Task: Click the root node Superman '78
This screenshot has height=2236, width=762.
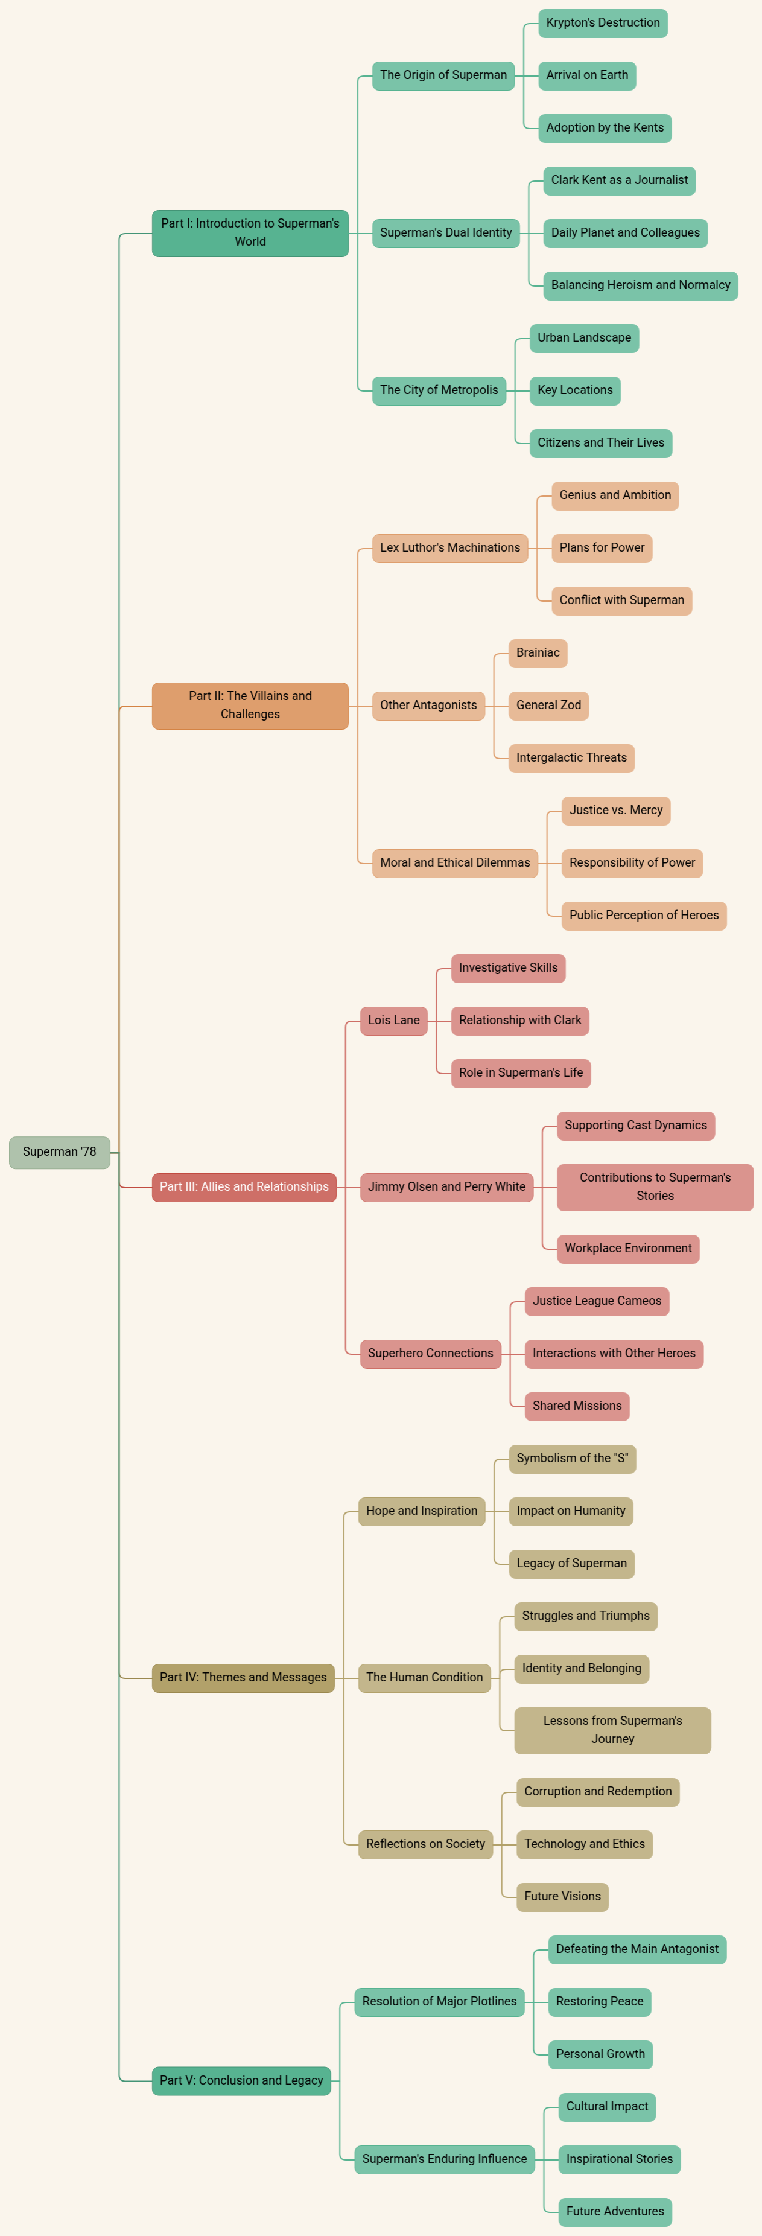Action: (x=59, y=1152)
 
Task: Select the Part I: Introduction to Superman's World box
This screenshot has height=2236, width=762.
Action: (x=250, y=232)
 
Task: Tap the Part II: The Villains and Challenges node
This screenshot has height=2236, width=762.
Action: (x=250, y=705)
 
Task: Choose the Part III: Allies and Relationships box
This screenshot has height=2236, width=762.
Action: (x=244, y=1186)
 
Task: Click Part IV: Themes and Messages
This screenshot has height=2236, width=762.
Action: (x=243, y=1677)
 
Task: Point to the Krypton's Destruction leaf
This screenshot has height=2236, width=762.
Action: (x=602, y=22)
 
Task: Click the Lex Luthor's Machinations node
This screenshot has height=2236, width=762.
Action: (x=449, y=548)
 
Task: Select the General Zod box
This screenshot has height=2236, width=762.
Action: (x=548, y=705)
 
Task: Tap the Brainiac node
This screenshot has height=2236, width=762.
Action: (x=538, y=653)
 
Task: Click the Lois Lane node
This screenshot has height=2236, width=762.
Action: (x=393, y=1020)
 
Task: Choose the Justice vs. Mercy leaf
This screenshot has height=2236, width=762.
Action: (x=615, y=810)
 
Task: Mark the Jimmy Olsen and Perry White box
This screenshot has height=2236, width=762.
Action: (x=446, y=1186)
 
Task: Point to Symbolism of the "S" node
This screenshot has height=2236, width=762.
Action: (x=572, y=1458)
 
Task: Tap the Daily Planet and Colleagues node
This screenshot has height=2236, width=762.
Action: (x=625, y=232)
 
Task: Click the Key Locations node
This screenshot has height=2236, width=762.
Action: (x=574, y=390)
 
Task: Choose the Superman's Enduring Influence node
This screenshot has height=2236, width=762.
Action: (x=445, y=2159)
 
